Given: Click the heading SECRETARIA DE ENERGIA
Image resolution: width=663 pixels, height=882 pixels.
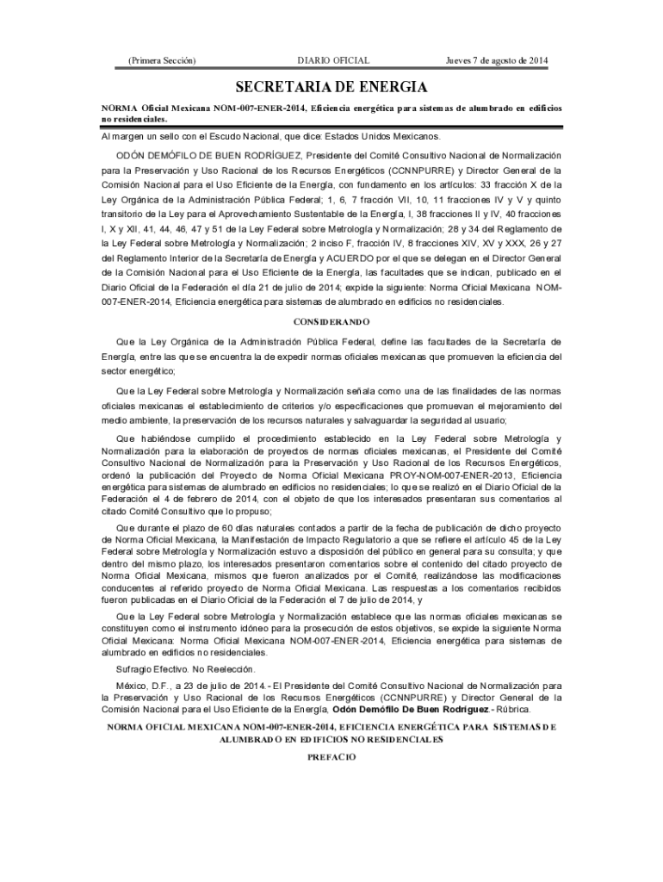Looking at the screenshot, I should click(x=331, y=87).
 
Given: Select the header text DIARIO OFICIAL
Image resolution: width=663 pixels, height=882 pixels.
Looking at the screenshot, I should click(x=333, y=60).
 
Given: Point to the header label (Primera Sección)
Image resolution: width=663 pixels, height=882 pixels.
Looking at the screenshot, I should click(x=161, y=60).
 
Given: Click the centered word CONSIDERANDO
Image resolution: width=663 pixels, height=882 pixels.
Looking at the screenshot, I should click(x=331, y=322).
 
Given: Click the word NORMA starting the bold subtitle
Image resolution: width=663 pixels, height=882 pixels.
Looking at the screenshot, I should click(x=121, y=109).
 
